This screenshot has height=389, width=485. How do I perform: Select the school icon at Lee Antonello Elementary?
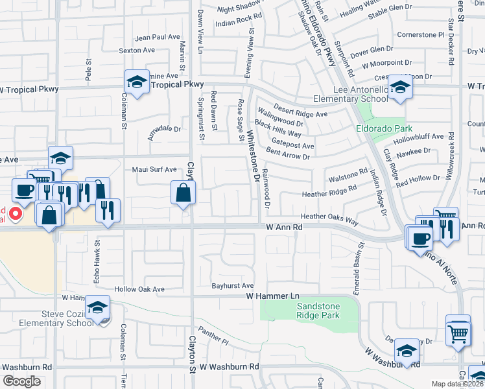click(x=400, y=88)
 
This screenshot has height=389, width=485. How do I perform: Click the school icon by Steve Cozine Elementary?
click(x=98, y=307)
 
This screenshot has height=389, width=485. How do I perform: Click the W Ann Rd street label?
click(x=285, y=228)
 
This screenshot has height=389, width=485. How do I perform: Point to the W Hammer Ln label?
click(x=270, y=296)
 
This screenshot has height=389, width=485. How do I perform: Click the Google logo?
click(x=21, y=381)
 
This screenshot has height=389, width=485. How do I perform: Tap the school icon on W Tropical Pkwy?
click(x=137, y=82)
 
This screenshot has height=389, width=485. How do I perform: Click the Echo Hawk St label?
click(x=97, y=256)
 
